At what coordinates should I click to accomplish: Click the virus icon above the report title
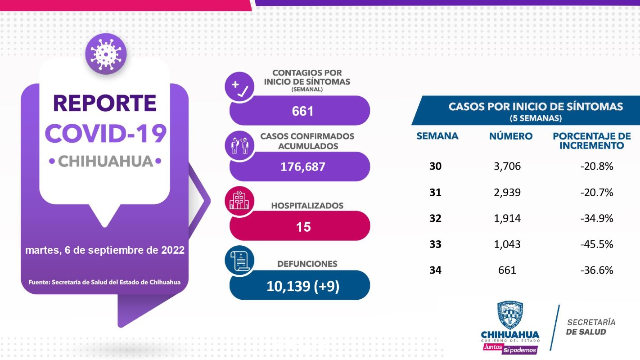(106, 54)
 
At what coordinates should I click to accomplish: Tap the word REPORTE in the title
(105, 103)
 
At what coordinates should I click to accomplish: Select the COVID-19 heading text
(105, 133)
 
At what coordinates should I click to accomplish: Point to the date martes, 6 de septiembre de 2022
(105, 250)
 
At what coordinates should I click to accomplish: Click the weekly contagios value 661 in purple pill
(302, 111)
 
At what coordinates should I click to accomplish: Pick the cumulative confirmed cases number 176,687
(302, 167)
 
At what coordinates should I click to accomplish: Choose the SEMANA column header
(437, 136)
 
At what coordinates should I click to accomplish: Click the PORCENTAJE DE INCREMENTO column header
(591, 141)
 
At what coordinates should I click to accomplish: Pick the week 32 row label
(435, 218)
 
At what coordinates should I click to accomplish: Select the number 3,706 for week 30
(507, 166)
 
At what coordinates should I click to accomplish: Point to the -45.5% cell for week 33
(597, 244)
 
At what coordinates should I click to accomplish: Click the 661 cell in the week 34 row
(507, 270)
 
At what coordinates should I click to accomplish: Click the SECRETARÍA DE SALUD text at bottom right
(590, 327)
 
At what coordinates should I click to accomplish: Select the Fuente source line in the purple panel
(104, 283)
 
